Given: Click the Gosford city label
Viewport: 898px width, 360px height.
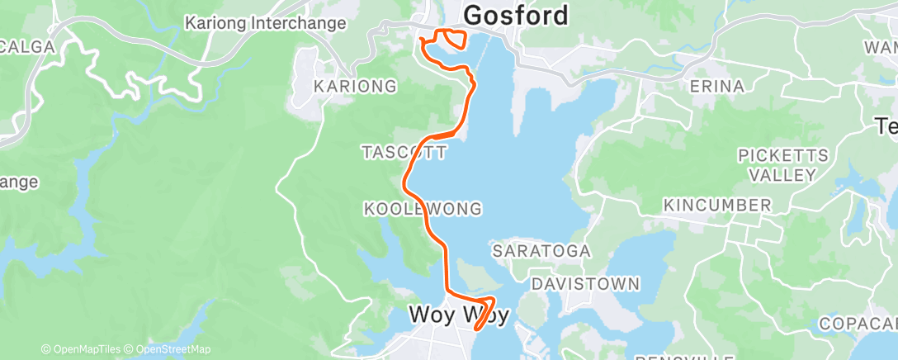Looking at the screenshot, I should click(517, 15).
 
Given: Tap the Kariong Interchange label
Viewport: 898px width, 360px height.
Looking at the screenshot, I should click(265, 22).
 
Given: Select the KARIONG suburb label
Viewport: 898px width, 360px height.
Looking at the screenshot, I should click(355, 86).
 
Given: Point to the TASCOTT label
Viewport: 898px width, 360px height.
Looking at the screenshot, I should click(404, 152).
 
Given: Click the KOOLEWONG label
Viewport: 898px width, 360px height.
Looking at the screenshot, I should click(422, 209).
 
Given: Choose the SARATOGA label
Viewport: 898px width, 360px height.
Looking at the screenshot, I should click(541, 249).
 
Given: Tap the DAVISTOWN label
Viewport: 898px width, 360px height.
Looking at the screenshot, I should click(585, 284).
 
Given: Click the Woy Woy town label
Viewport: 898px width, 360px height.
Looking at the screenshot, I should click(458, 315).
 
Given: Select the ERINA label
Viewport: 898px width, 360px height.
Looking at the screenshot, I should click(718, 86).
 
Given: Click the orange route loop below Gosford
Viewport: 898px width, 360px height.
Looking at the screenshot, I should click(451, 37).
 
